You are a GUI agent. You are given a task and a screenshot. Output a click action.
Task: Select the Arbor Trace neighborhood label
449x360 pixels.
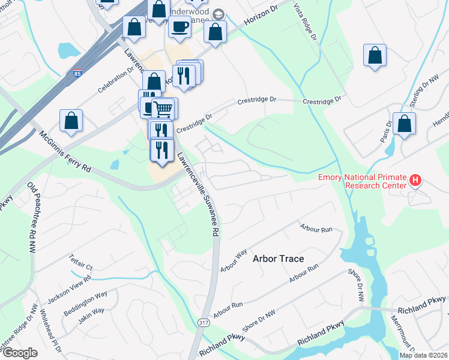click(x=278, y=259)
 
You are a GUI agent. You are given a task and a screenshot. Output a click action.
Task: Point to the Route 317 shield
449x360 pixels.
click(x=203, y=323)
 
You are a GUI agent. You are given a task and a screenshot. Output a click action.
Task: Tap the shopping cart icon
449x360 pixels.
click(x=164, y=109)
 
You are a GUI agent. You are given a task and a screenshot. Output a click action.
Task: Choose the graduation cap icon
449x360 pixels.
click(x=218, y=14)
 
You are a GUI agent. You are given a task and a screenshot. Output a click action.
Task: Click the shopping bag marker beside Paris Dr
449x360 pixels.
click(x=404, y=124)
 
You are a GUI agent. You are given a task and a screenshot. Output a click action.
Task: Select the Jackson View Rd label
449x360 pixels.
click(x=70, y=287)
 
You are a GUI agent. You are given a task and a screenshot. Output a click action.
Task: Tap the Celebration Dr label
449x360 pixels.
click(x=116, y=79)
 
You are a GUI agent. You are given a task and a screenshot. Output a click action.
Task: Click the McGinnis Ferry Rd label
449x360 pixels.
click(x=65, y=152)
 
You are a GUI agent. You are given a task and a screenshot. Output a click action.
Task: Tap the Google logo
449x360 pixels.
click(x=20, y=353)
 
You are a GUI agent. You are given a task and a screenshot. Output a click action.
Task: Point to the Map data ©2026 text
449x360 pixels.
click(x=423, y=355)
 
